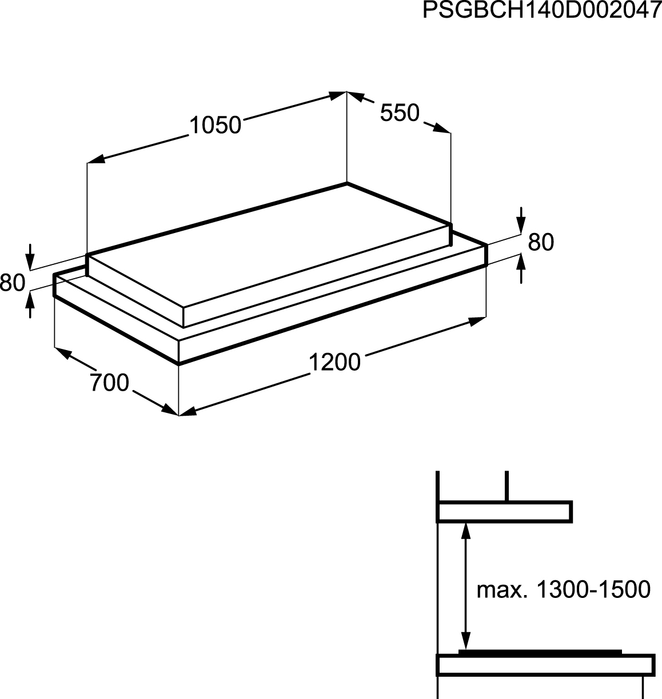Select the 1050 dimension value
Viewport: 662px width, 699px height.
coord(216,126)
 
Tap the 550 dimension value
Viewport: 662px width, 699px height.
coord(400,113)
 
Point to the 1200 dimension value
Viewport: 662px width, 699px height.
coord(334,362)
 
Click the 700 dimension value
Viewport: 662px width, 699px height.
coord(109,383)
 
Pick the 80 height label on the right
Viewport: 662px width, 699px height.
coord(541,243)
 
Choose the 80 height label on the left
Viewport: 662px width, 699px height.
coord(13,283)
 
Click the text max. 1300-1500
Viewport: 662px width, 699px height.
coord(564,589)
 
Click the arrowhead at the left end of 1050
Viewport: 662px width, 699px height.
coord(96,159)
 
